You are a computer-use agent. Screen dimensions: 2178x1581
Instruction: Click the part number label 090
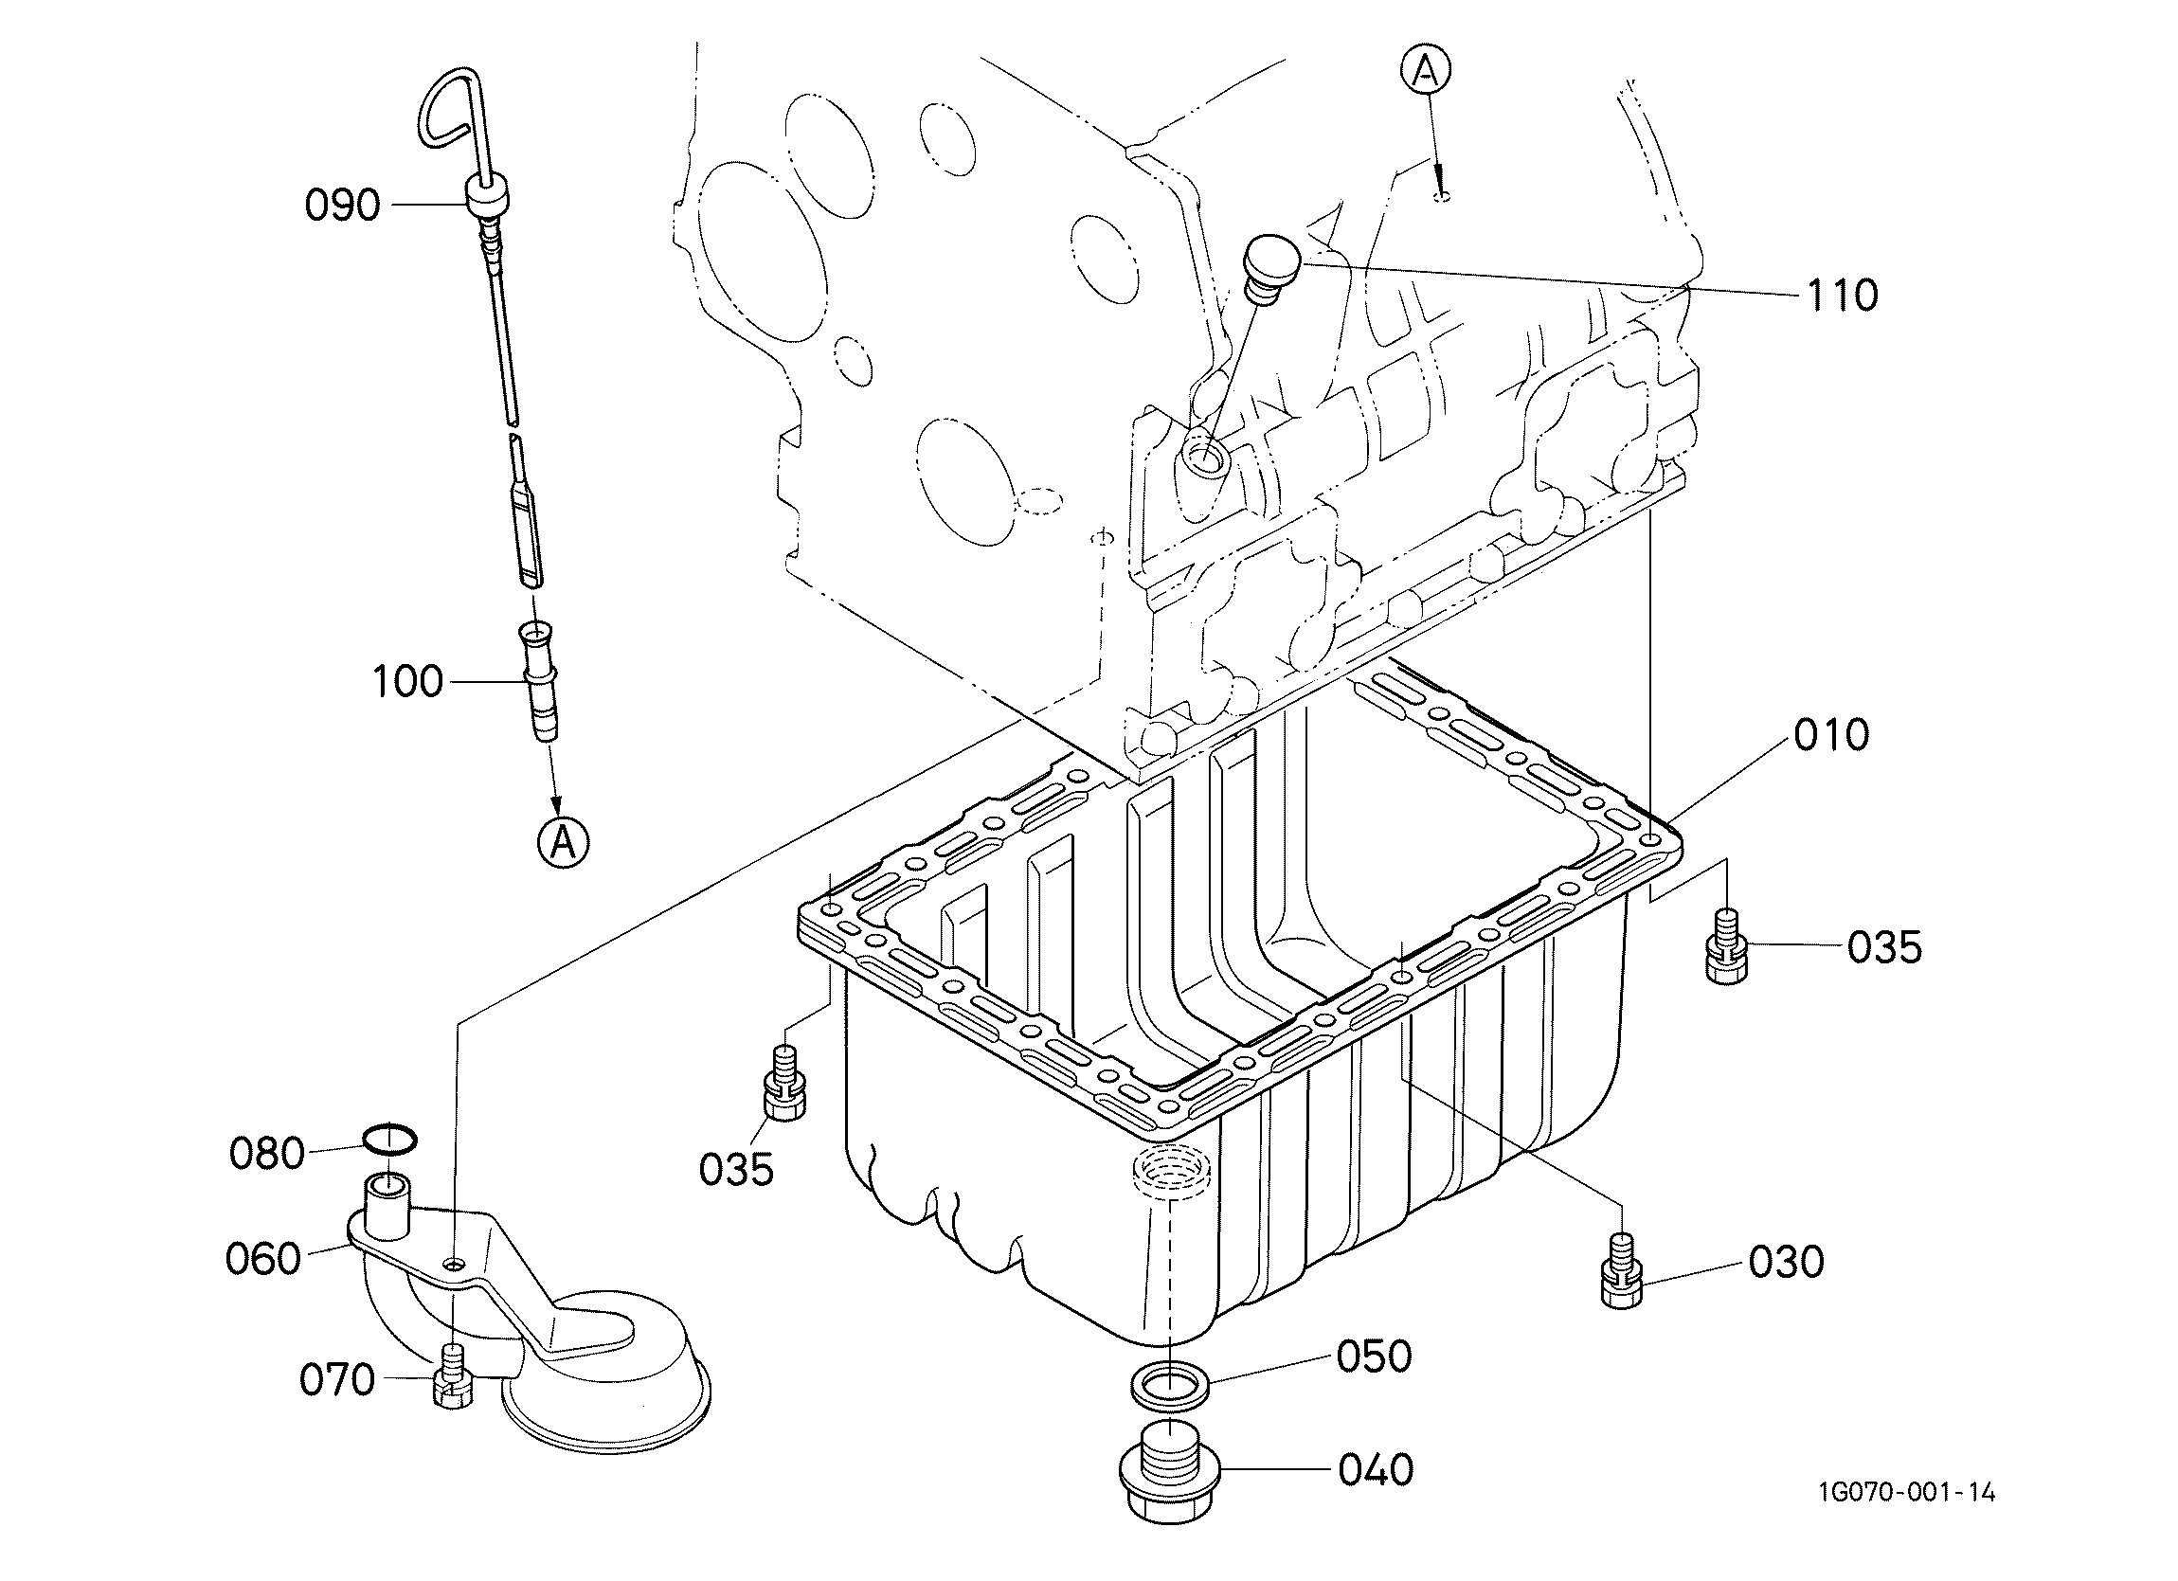click(x=343, y=206)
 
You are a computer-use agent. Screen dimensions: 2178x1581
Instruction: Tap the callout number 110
click(x=1842, y=296)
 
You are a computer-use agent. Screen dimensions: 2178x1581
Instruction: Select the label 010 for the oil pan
click(x=1830, y=735)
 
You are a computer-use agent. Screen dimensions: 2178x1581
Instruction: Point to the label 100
click(x=407, y=681)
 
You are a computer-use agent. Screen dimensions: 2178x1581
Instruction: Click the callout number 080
click(x=267, y=1154)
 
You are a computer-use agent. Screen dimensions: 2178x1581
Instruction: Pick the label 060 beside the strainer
click(x=263, y=1258)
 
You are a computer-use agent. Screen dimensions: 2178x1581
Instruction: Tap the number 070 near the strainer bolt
click(x=336, y=1380)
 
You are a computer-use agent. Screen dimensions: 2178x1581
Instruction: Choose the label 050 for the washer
click(x=1375, y=1356)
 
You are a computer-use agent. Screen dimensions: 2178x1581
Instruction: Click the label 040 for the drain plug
click(x=1376, y=1469)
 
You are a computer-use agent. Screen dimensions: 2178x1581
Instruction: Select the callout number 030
click(x=1786, y=1262)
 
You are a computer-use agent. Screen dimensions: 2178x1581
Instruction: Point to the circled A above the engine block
click(x=1425, y=69)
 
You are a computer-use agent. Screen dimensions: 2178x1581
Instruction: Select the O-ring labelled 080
click(x=390, y=1140)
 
